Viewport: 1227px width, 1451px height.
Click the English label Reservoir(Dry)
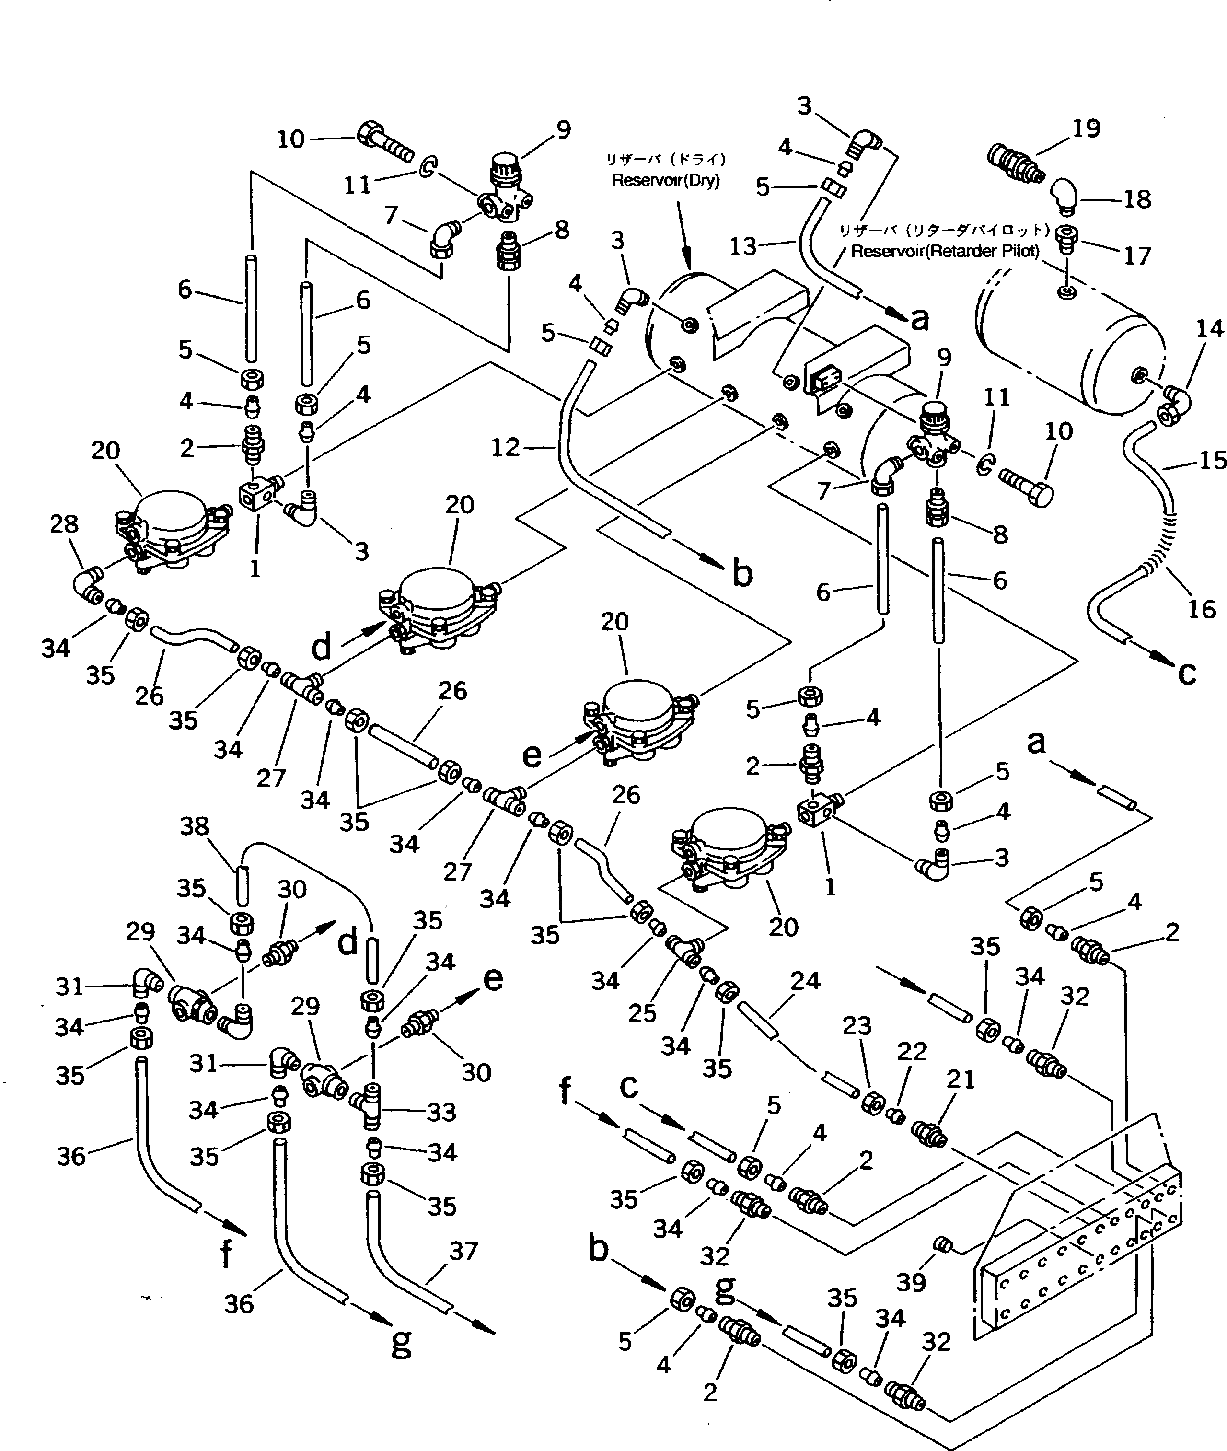click(x=665, y=181)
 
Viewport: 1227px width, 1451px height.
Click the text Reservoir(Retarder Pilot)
click(x=945, y=251)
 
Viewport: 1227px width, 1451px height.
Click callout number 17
click(x=1137, y=256)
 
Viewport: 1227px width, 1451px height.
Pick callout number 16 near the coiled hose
click(x=1201, y=609)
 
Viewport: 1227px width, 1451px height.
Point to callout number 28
click(x=64, y=524)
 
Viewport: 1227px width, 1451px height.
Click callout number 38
click(x=195, y=826)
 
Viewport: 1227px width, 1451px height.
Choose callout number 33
click(x=441, y=1112)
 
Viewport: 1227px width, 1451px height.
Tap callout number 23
click(x=857, y=1026)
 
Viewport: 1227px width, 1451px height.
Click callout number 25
click(x=642, y=1013)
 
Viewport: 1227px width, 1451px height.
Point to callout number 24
click(x=806, y=981)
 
